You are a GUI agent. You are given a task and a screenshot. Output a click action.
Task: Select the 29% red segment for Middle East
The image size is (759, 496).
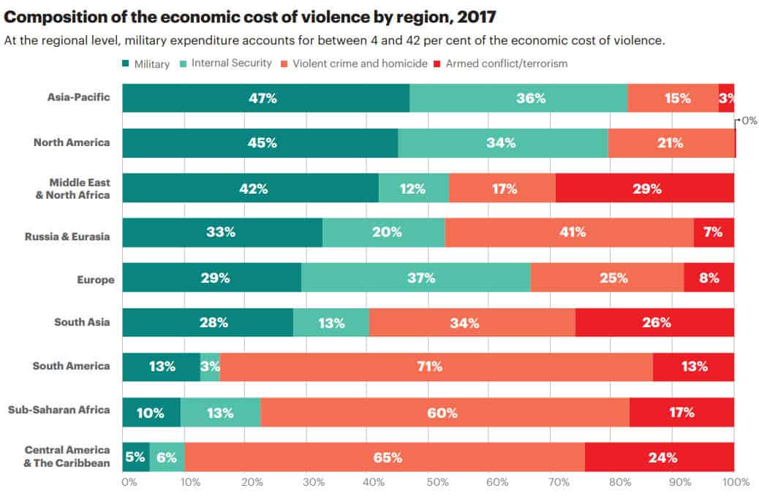(645, 188)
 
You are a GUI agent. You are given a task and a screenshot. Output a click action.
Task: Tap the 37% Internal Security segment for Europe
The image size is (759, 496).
(415, 278)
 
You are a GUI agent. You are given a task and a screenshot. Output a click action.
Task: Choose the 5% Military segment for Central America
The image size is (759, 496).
(136, 457)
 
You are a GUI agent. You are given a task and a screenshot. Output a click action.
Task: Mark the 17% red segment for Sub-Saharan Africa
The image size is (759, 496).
(681, 413)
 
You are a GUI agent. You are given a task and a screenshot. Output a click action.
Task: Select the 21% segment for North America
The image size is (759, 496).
(671, 143)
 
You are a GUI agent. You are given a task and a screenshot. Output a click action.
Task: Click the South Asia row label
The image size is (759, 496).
(82, 322)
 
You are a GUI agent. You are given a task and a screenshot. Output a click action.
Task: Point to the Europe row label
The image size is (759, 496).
(95, 279)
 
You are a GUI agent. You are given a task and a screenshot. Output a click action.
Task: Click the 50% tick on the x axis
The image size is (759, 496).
(437, 483)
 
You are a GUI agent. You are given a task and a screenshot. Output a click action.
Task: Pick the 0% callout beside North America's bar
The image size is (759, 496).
(749, 121)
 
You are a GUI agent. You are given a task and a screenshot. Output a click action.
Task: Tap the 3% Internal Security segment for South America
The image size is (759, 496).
(210, 367)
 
